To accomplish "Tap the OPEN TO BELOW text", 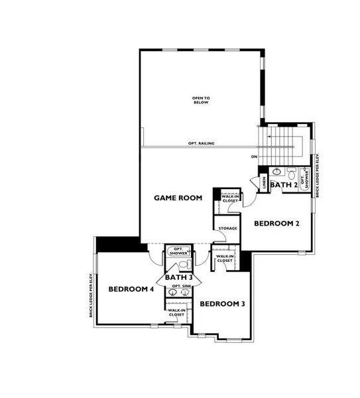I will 201,100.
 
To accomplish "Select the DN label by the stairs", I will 254,157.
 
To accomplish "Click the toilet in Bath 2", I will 290,171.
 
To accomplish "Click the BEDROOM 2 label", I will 278,223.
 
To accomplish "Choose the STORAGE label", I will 227,229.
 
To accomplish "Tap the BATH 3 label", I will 178,277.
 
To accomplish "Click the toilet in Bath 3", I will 182,265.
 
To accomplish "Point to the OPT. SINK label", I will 180,287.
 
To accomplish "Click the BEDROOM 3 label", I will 223,304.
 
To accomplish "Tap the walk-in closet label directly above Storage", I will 230,198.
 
